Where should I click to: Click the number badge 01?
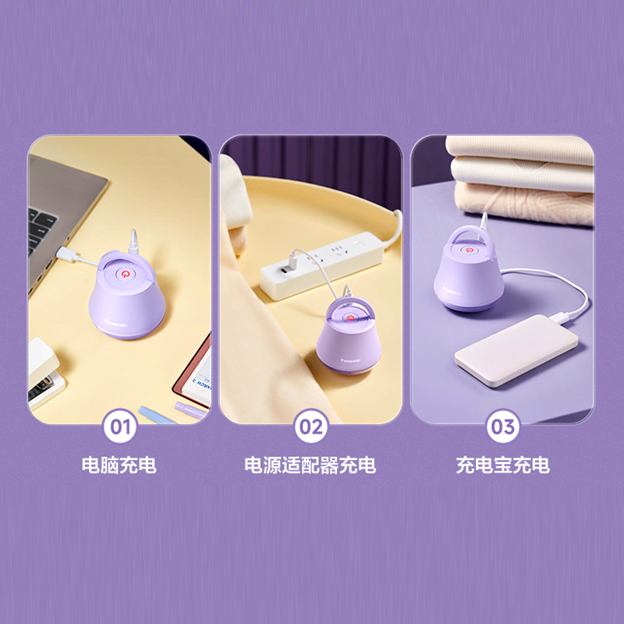tap(120, 427)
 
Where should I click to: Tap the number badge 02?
tap(311, 427)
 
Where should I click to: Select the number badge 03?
tap(502, 427)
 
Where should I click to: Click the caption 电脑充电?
tap(119, 466)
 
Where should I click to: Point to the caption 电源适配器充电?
tap(310, 466)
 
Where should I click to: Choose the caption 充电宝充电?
tap(502, 466)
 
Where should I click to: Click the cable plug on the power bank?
tap(561, 316)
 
